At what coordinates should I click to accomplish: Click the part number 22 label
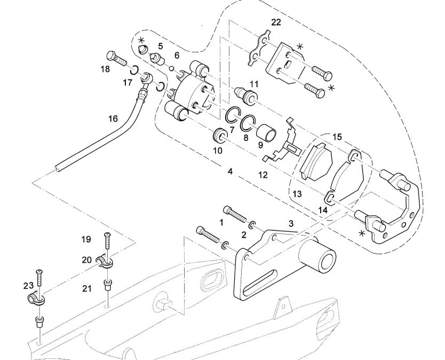click(276, 22)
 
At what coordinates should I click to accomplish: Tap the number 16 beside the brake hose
click(113, 119)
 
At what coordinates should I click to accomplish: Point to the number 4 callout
click(230, 172)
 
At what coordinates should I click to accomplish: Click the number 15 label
click(337, 137)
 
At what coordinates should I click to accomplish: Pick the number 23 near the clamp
click(28, 286)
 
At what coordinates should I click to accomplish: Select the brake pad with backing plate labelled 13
click(316, 161)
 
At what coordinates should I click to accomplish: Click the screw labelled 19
click(107, 241)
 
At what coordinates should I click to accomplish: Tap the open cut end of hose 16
click(58, 170)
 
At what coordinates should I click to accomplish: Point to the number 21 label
click(87, 288)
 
